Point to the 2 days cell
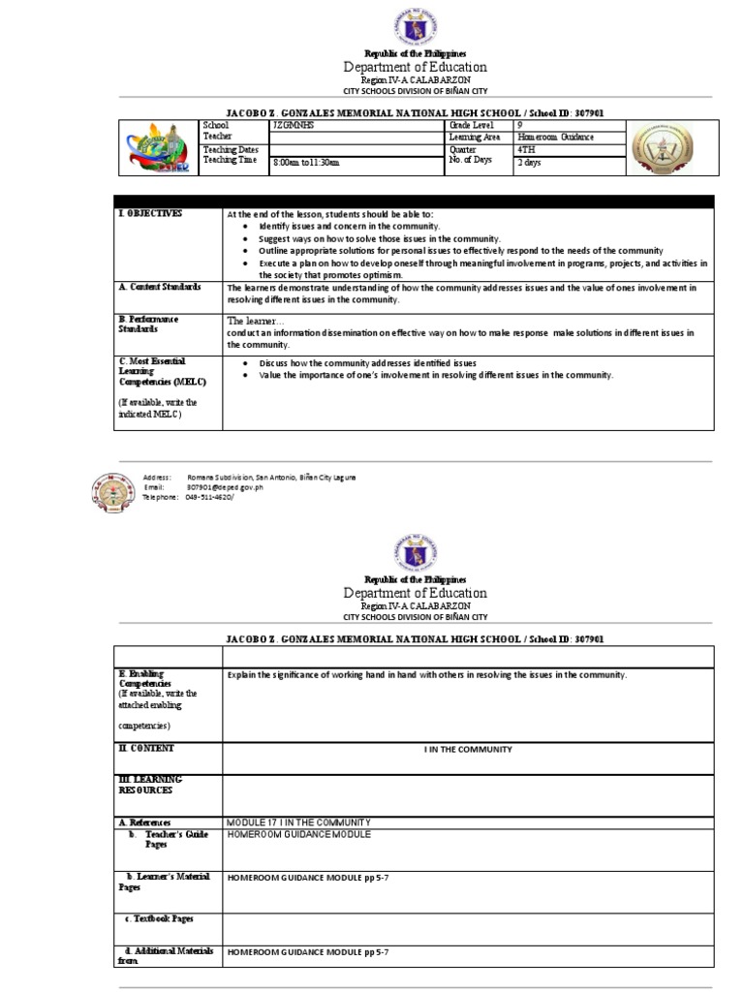coord(529,163)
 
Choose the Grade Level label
coord(471,126)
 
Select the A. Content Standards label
coord(160,287)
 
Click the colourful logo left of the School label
coord(158,149)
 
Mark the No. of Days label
coord(471,159)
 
